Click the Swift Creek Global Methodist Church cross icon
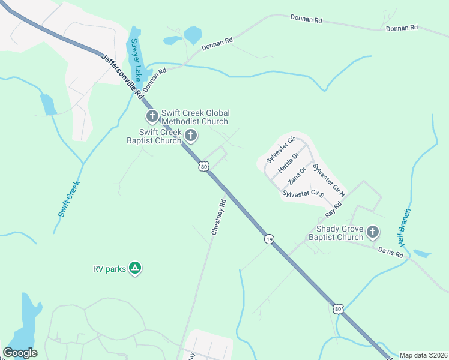[x=152, y=115]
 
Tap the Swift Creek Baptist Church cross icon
[x=191, y=136]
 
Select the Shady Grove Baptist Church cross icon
[x=373, y=232]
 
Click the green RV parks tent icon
[x=136, y=268]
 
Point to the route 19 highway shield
[x=268, y=239]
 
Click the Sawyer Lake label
[x=136, y=59]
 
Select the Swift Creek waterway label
[x=68, y=200]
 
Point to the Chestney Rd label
[x=218, y=217]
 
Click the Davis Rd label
[x=391, y=253]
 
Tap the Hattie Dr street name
[x=288, y=164]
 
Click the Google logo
[x=20, y=352]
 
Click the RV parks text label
[x=109, y=269]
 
